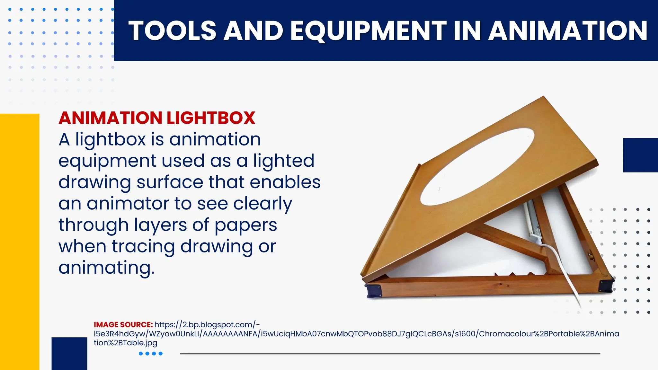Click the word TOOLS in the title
(x=172, y=31)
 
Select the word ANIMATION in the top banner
(x=568, y=31)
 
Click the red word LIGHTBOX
(x=211, y=118)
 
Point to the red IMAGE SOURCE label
(x=123, y=325)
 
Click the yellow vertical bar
(x=20, y=241)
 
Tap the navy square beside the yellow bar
(x=69, y=353)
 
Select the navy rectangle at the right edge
(x=640, y=155)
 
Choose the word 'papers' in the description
(x=245, y=225)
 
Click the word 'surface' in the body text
(x=170, y=182)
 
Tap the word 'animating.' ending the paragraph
(x=106, y=268)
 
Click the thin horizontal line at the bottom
(x=390, y=354)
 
